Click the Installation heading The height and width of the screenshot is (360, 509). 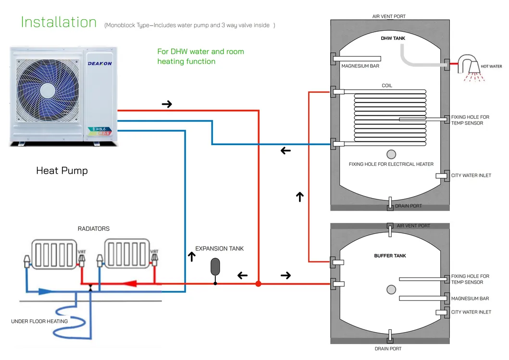point(59,22)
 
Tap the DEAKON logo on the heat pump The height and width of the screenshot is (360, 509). point(99,63)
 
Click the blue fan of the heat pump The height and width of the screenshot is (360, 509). point(47,92)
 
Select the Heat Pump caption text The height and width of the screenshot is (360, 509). point(62,171)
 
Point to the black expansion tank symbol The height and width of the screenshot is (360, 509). point(215,266)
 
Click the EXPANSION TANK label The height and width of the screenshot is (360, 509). point(219,248)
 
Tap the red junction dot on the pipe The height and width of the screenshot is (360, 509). point(258,284)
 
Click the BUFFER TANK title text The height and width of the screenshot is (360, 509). point(390,256)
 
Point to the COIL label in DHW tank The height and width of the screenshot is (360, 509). point(387,86)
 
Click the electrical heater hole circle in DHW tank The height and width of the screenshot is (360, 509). point(391,154)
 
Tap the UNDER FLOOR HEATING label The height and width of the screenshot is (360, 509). point(39,321)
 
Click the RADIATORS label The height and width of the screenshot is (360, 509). point(94,229)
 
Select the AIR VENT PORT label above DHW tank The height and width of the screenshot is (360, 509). point(389,16)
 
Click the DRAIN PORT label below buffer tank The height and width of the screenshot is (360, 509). point(388,348)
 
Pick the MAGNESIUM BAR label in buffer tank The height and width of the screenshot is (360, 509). point(470,298)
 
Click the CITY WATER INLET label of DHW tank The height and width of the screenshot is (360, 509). point(471,175)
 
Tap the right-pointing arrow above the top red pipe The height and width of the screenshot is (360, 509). point(167,104)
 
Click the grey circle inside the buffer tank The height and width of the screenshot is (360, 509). point(391,289)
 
